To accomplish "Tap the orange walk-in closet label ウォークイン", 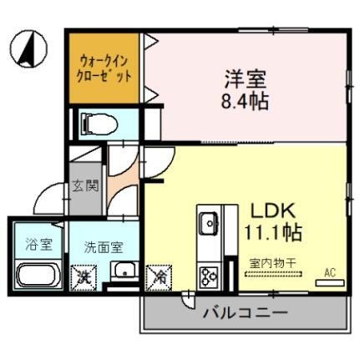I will [105, 61].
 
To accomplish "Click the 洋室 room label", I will [244, 80].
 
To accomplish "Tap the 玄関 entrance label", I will [85, 185].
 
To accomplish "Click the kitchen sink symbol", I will [207, 224].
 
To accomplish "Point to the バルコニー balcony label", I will [245, 314].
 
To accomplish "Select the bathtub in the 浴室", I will [37, 276].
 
